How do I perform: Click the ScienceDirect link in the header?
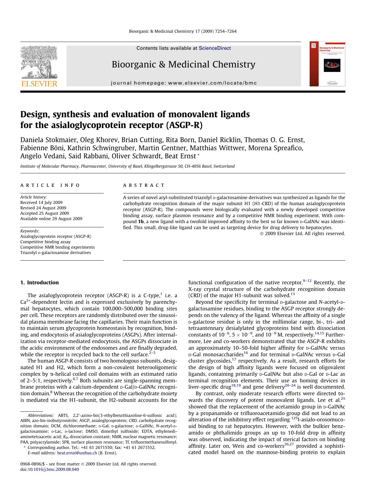tap(215, 48)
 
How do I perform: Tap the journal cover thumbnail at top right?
tap(327, 64)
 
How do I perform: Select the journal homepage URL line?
tap(184, 83)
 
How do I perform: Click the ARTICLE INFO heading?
tap(50, 185)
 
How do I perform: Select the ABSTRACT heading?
tap(144, 185)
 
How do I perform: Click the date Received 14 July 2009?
tap(41, 202)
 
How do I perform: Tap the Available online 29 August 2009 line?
tap(51, 219)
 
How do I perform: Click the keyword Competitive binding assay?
tap(45, 242)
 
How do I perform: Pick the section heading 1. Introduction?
tap(40, 282)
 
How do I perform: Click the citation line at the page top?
tap(183, 31)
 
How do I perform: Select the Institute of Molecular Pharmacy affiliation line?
tap(127, 166)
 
